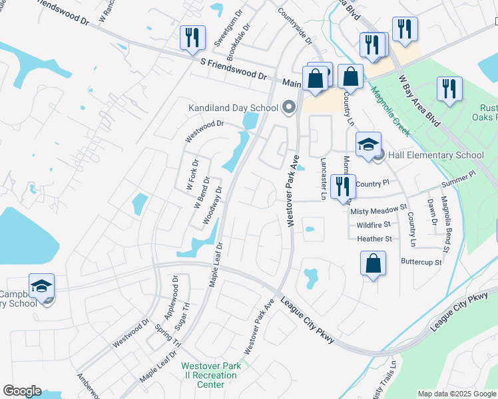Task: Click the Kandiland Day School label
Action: [x=233, y=107]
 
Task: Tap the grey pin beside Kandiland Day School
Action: [x=288, y=106]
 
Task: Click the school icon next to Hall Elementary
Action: [x=368, y=144]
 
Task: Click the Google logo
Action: [x=22, y=391]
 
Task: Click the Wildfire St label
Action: [x=373, y=225]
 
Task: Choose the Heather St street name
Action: [x=374, y=239]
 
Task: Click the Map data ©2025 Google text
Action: [x=457, y=394]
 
